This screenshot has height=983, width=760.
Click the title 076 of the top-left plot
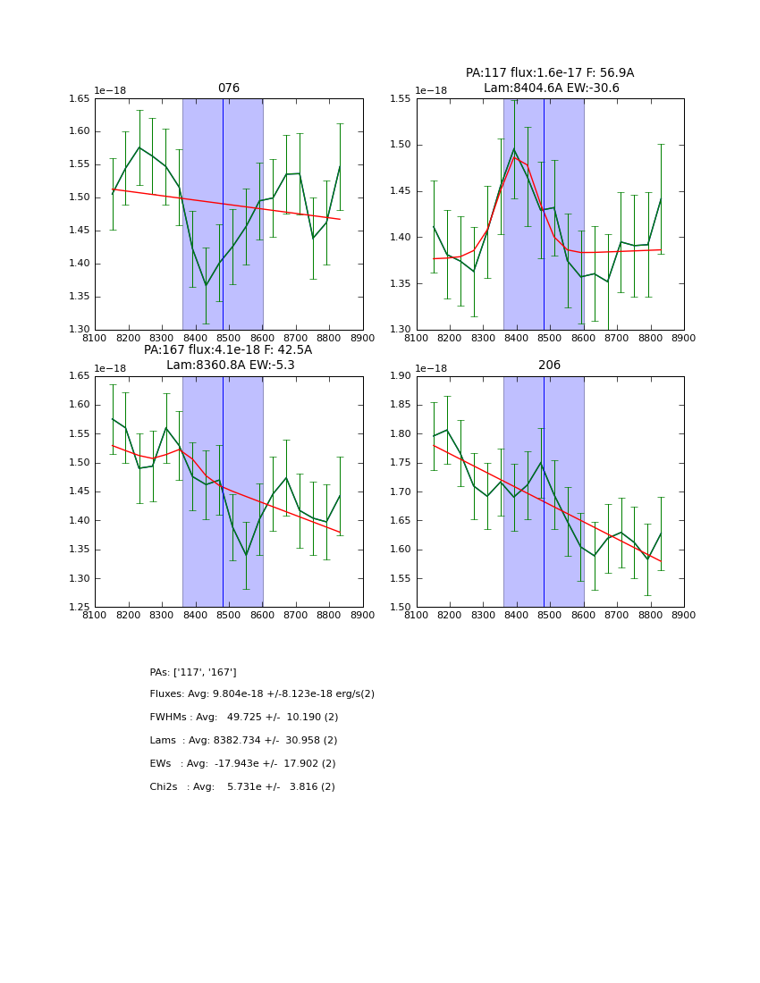pyautogui.click(x=229, y=88)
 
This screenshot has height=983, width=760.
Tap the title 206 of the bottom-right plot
pyautogui.click(x=549, y=365)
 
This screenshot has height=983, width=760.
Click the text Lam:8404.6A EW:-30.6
pyautogui.click(x=551, y=88)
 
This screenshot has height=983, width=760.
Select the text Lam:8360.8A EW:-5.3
pyautogui.click(x=230, y=365)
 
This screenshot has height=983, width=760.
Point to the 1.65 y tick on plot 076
pyautogui.click(x=80, y=99)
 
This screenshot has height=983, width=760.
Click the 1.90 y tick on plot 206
pyautogui.click(x=401, y=376)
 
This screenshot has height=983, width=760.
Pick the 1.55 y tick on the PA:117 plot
pyautogui.click(x=401, y=99)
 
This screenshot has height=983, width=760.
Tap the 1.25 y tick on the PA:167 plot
pyautogui.click(x=80, y=608)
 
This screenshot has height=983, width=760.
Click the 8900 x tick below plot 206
pyautogui.click(x=683, y=615)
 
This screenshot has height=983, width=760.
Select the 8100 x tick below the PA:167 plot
pyautogui.click(x=95, y=615)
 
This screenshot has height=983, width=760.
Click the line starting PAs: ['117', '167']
pyautogui.click(x=193, y=672)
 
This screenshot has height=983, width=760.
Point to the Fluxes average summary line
pyautogui.click(x=262, y=694)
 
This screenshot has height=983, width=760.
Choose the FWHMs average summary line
pyautogui.click(x=244, y=718)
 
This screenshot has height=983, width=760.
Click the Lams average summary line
pyautogui.click(x=243, y=741)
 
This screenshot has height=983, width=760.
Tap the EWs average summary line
pyautogui.click(x=242, y=764)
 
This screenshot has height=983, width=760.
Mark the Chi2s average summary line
pyautogui.click(x=242, y=787)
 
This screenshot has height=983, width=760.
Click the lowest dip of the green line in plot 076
pyautogui.click(x=206, y=285)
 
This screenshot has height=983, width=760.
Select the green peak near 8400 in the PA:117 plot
pyautogui.click(x=514, y=149)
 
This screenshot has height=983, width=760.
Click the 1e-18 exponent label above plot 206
pyautogui.click(x=431, y=368)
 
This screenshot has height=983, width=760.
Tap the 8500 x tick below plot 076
pyautogui.click(x=229, y=338)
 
